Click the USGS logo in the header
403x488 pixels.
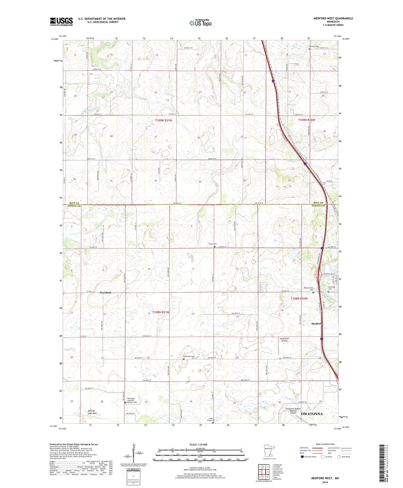click(61, 22)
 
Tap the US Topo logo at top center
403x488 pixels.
click(200, 23)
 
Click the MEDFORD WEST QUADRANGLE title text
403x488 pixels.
click(333, 18)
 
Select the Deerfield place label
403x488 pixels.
click(105, 292)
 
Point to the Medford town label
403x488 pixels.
click(316, 324)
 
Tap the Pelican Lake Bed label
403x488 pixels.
click(92, 412)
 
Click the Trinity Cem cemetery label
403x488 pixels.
click(213, 244)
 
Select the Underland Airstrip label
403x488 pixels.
click(284, 339)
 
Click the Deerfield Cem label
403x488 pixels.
click(189, 356)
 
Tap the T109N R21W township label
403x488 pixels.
click(163, 120)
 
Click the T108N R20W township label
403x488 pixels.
click(299, 299)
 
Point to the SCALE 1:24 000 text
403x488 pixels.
click(200, 444)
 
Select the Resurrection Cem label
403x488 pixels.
click(308, 289)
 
